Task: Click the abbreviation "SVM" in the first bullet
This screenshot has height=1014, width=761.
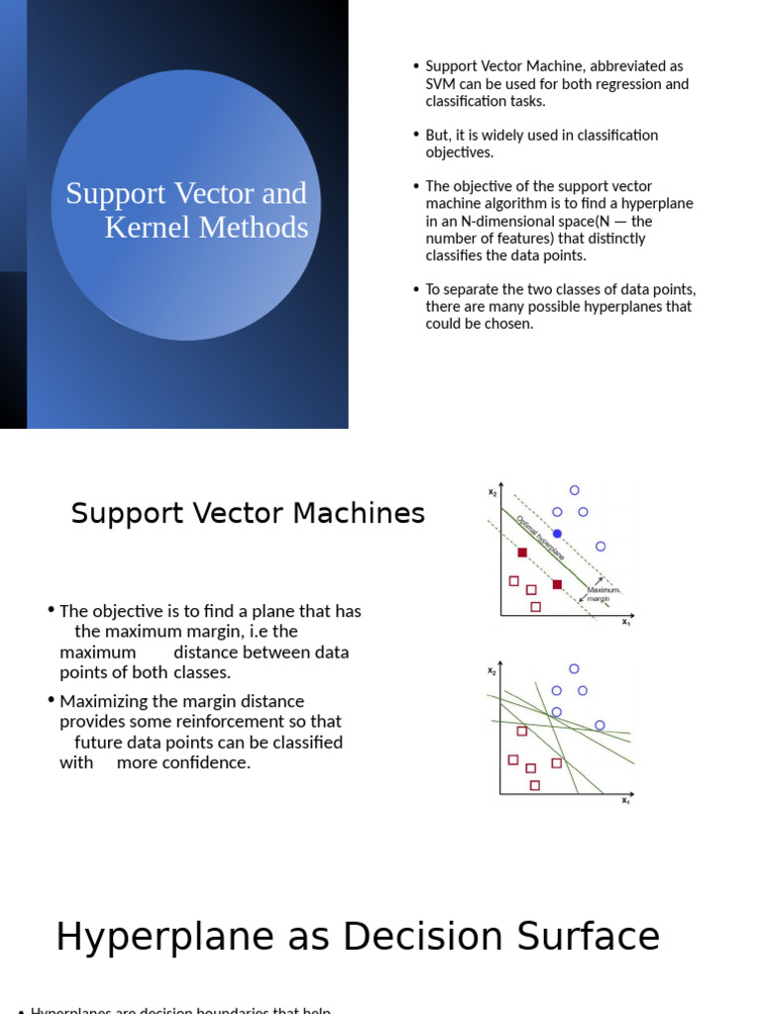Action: click(x=441, y=84)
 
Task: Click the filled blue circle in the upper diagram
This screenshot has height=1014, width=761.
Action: click(x=557, y=534)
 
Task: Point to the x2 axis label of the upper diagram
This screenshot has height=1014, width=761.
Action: click(x=492, y=492)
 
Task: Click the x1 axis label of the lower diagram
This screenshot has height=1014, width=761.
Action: click(x=626, y=800)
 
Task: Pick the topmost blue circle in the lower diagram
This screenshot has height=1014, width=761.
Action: click(x=574, y=668)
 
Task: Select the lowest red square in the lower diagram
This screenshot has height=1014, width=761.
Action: click(x=535, y=785)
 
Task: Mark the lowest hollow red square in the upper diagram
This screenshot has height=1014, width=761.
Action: click(x=536, y=607)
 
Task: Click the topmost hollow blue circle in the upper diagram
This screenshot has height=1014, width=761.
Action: click(x=575, y=490)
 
